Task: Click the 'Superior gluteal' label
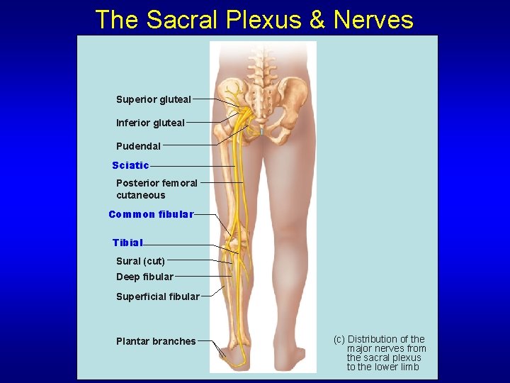pyautogui.click(x=153, y=99)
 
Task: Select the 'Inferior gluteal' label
pyautogui.click(x=150, y=123)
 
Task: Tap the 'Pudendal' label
pyautogui.click(x=138, y=146)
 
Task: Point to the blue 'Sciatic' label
pyautogui.click(x=130, y=165)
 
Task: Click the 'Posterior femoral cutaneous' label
pyautogui.click(x=157, y=189)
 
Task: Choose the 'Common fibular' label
pyautogui.click(x=150, y=214)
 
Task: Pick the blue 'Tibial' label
pyautogui.click(x=127, y=243)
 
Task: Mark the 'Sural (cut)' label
pyautogui.click(x=140, y=261)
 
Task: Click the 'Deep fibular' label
pyautogui.click(x=144, y=277)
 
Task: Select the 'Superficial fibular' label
pyautogui.click(x=157, y=296)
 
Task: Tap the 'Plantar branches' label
pyautogui.click(x=156, y=341)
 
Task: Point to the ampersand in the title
pyautogui.click(x=318, y=20)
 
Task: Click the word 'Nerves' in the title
pyautogui.click(x=374, y=20)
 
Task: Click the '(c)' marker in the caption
pyautogui.click(x=339, y=339)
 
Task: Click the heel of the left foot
pyautogui.click(x=224, y=354)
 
